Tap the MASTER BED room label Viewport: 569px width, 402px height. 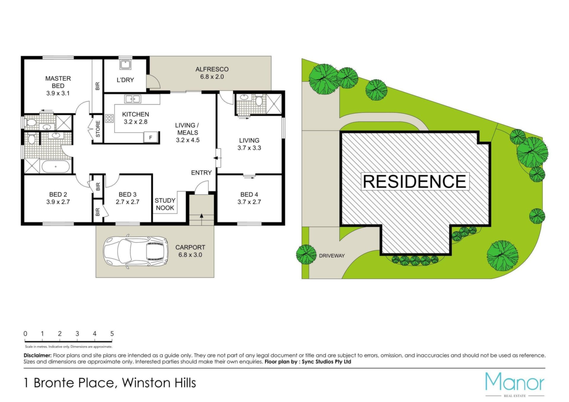(58, 82)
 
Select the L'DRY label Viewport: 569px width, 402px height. (125, 80)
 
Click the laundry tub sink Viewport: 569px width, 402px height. (125, 65)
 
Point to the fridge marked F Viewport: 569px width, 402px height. (151, 137)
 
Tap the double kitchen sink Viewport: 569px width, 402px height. (132, 99)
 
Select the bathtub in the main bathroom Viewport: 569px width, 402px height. (56, 166)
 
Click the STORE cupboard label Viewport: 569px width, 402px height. (98, 129)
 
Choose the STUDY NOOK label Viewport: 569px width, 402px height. (165, 204)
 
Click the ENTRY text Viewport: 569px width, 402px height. (202, 173)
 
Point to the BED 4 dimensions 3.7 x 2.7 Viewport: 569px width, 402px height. (249, 202)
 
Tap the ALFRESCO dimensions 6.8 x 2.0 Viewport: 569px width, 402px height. (212, 77)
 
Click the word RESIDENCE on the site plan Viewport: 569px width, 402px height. (415, 181)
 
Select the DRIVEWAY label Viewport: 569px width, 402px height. (332, 256)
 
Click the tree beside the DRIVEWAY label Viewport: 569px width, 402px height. (306, 254)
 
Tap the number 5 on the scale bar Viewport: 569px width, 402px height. (112, 334)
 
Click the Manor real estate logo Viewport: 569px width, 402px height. (515, 384)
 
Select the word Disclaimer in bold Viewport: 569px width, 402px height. (38, 355)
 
